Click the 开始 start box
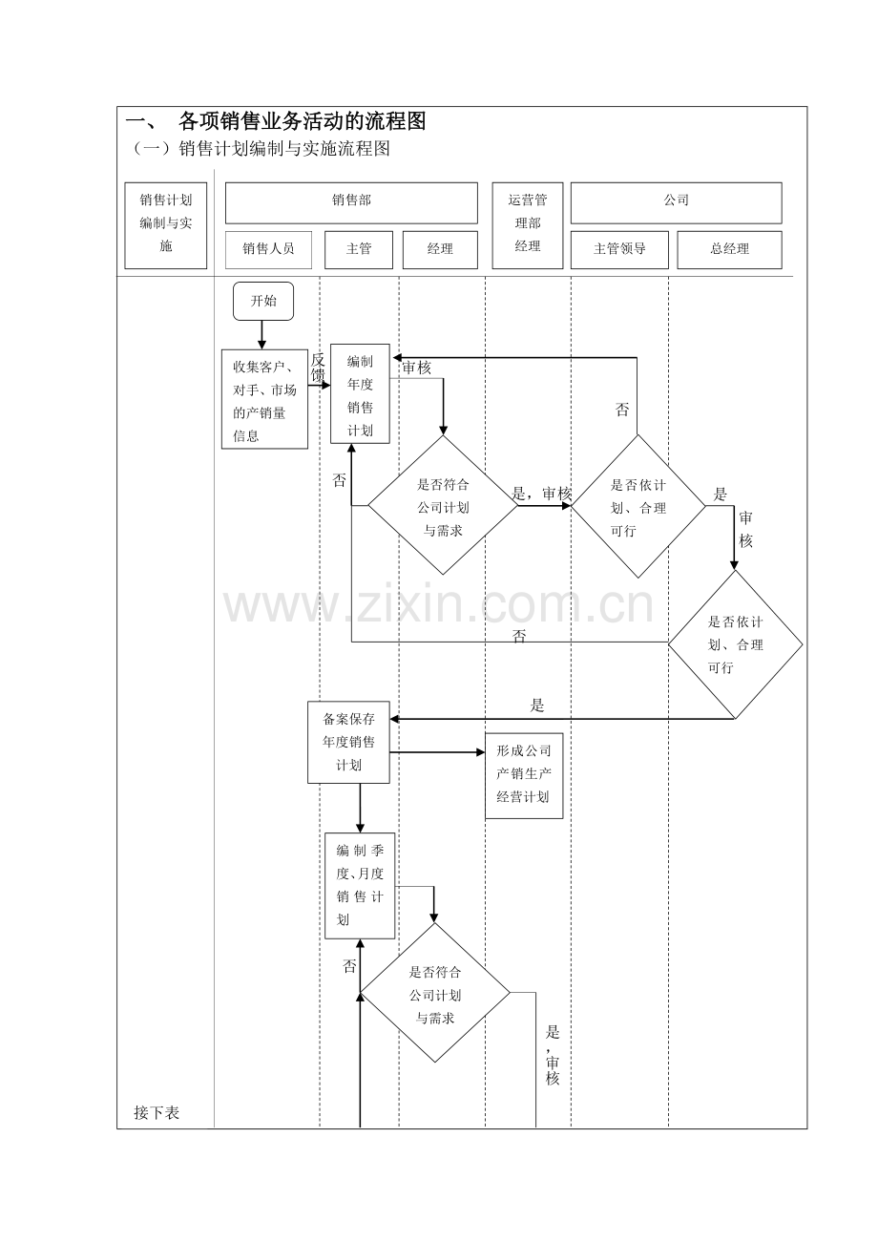tap(262, 301)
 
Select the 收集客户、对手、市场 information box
tap(264, 399)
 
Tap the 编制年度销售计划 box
tap(360, 393)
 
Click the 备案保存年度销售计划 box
tap(348, 743)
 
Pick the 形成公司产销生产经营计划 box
tap(524, 775)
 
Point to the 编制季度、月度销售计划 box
tap(360, 885)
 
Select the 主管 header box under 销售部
tap(359, 249)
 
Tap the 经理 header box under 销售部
tap(440, 249)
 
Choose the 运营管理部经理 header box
tap(528, 224)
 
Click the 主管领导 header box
tap(619, 249)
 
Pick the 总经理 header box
tap(729, 249)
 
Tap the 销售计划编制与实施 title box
tap(166, 224)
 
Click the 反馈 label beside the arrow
tap(318, 368)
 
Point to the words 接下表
tap(157, 1112)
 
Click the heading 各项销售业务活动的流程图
tap(302, 121)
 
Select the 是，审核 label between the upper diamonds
tap(541, 494)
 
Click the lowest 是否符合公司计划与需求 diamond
tap(435, 994)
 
